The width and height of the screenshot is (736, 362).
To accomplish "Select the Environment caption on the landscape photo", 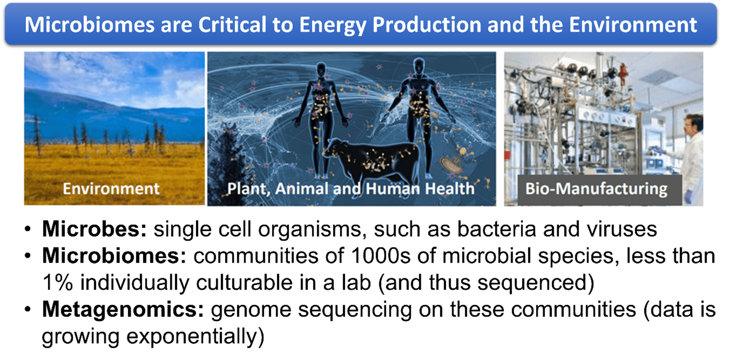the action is click(111, 189).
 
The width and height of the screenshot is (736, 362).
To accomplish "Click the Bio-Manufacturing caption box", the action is click(600, 190).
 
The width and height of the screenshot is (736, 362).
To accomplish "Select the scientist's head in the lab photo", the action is click(693, 125).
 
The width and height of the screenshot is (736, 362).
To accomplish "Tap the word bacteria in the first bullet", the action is click(497, 229).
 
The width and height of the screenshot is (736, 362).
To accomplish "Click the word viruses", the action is click(622, 229).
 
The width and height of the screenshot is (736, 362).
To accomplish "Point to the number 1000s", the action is click(380, 256).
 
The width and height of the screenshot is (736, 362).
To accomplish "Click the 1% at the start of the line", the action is click(57, 282).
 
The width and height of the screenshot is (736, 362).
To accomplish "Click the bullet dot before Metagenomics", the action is click(28, 309).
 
